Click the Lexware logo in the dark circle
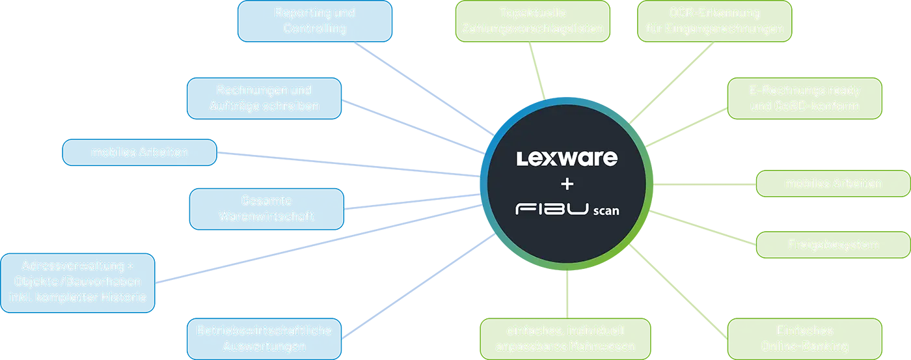(567, 158)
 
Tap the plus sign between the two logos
(567, 184)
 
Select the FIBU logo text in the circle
(551, 210)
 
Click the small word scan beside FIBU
(606, 211)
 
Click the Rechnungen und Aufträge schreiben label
(264, 98)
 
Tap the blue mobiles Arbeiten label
(139, 152)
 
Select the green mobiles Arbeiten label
(833, 184)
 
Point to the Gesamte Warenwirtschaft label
(266, 208)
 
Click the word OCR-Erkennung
(714, 13)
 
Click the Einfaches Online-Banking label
(804, 339)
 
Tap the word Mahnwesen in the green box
(602, 346)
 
